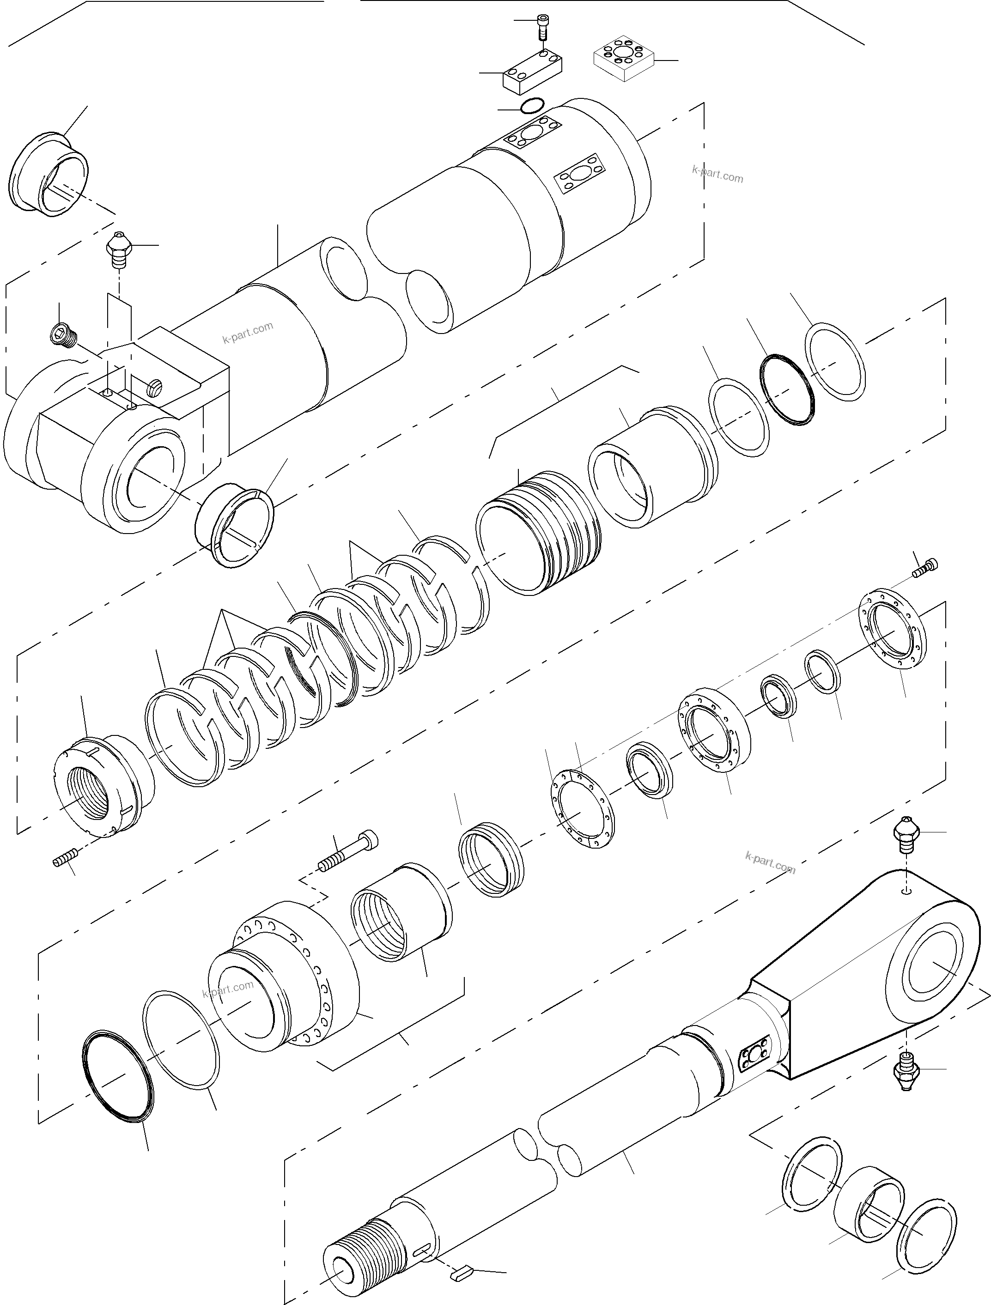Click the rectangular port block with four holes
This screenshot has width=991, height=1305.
tap(532, 72)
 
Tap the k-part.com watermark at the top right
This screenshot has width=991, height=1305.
tap(717, 174)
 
